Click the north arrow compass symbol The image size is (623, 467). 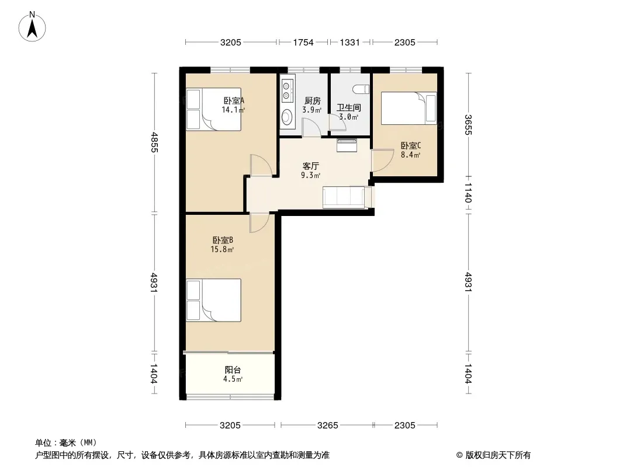click(32, 27)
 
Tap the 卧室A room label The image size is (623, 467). click(234, 101)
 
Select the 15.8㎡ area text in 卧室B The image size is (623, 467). click(222, 250)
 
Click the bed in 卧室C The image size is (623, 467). click(409, 108)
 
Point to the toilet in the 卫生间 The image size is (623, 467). click(362, 89)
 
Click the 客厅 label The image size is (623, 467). click(311, 166)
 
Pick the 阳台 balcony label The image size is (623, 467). click(233, 370)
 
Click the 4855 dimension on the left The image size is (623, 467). click(154, 142)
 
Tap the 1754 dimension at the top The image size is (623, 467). click(303, 43)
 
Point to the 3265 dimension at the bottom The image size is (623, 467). click(327, 426)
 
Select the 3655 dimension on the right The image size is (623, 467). click(469, 124)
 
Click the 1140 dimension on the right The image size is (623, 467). click(469, 193)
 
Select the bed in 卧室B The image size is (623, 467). click(214, 300)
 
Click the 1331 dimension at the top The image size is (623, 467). click(349, 43)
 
